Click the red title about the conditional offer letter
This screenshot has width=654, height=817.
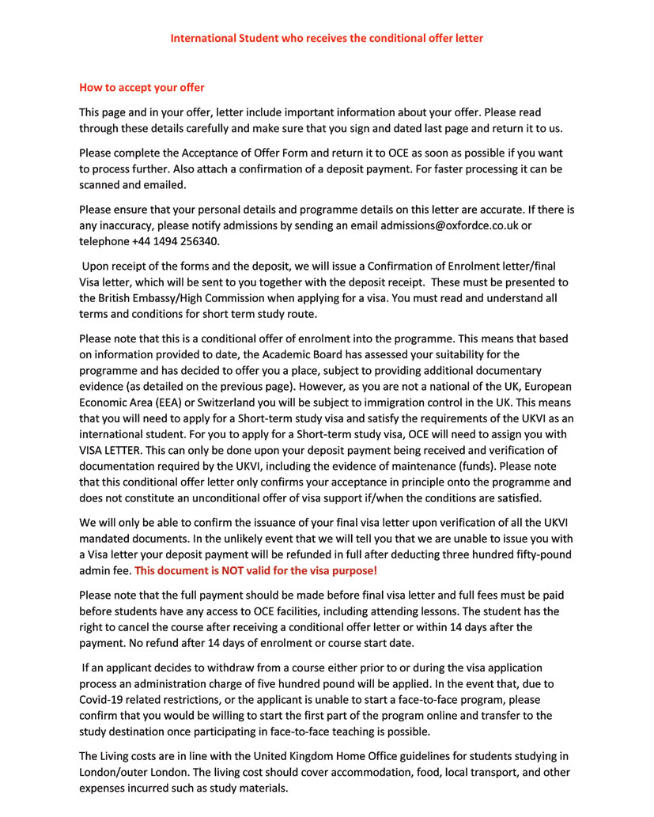327,38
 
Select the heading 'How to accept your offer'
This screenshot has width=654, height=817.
142,87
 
